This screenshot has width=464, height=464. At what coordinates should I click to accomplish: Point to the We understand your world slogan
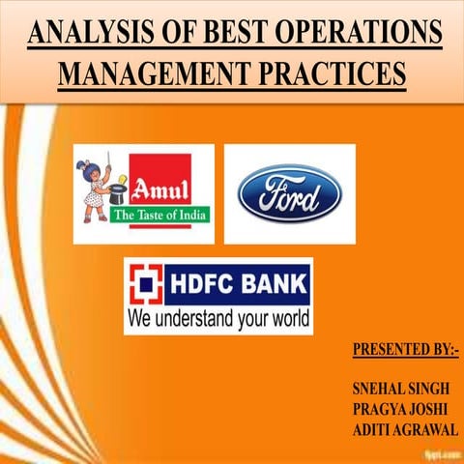click(217, 318)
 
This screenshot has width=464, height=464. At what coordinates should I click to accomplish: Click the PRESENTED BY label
click(404, 349)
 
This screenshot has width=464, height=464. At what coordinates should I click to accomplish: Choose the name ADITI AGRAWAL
click(405, 429)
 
